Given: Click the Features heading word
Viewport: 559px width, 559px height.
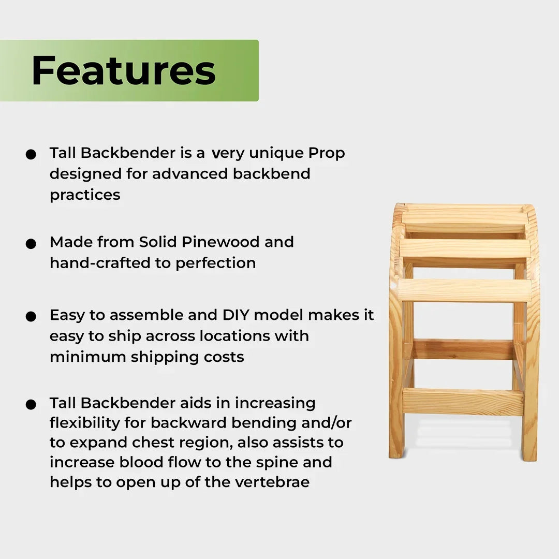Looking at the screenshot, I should (x=124, y=70).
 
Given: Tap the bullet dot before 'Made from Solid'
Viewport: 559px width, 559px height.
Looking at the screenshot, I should (x=31, y=243).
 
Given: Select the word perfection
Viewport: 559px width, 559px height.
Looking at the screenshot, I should (x=215, y=263).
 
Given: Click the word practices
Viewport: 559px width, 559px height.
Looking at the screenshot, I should (x=85, y=195).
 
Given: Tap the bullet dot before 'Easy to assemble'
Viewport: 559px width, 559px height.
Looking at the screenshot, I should (x=31, y=316).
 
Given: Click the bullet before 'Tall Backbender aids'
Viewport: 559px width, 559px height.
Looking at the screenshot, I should (x=31, y=404).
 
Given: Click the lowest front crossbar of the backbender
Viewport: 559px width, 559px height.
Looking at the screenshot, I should (x=463, y=402).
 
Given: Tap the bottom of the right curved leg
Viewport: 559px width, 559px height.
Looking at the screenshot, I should (x=529, y=454).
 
